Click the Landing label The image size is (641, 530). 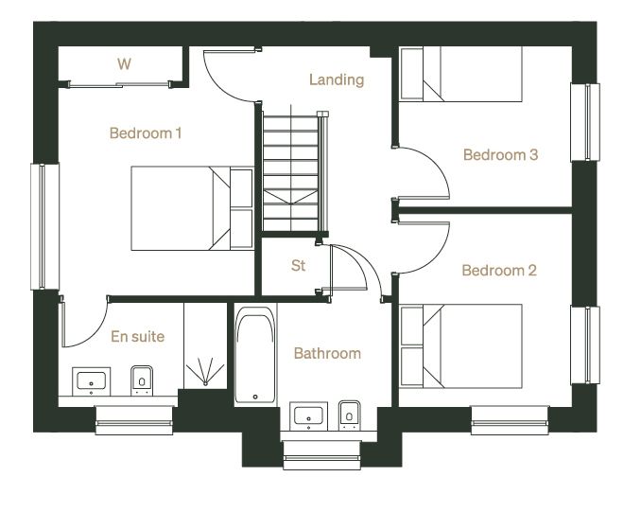337,79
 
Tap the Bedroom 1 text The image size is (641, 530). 146,133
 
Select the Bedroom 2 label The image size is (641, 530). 499,270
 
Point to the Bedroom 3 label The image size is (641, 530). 500,154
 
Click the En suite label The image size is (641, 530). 138,336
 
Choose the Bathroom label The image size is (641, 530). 327,353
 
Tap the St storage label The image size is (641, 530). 298,266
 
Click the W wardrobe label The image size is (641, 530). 124,63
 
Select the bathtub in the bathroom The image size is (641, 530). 255,354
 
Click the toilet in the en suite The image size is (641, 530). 142,380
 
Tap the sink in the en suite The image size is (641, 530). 91,381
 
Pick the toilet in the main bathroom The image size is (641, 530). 350,415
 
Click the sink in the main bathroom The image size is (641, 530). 308,416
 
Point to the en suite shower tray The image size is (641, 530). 205,345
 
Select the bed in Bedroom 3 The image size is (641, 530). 461,74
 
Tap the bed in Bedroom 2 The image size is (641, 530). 461,346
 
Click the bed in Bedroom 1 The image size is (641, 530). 192,208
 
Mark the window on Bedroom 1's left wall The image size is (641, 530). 45,226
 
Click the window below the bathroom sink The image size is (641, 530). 321,455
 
